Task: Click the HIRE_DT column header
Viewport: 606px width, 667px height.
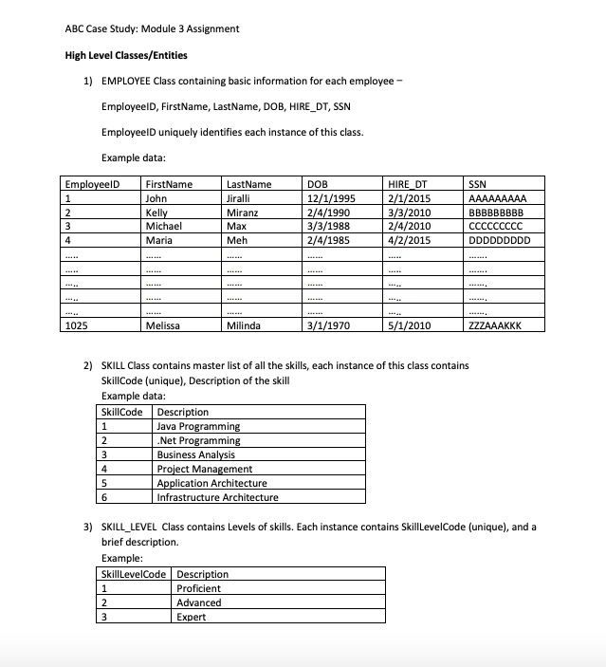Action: click(x=408, y=184)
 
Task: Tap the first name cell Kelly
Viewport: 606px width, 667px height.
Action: click(x=156, y=213)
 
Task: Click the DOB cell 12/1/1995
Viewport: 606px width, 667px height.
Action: click(x=332, y=199)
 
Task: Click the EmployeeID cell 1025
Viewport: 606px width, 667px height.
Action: click(x=76, y=326)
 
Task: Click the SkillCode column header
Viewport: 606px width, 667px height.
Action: click(x=121, y=412)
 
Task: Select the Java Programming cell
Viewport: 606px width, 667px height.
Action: click(x=198, y=427)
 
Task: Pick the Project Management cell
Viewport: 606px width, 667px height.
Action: click(x=204, y=469)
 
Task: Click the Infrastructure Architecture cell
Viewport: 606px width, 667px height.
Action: click(x=217, y=497)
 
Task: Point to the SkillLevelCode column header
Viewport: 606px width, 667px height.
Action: click(x=134, y=574)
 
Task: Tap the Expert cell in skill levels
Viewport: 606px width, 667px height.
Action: click(x=192, y=617)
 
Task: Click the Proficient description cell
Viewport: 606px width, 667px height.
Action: click(x=198, y=588)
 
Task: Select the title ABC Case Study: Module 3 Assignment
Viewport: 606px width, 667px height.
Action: click(x=152, y=28)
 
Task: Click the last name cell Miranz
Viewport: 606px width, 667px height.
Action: click(x=243, y=213)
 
